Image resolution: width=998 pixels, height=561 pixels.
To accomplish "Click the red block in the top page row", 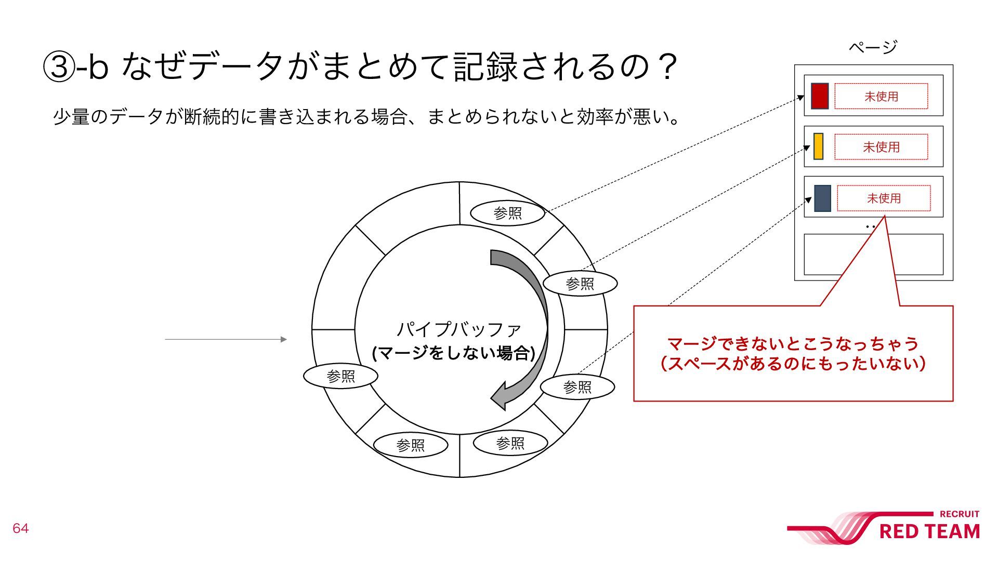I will point(820,96).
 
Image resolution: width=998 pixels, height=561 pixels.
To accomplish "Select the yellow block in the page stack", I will point(818,146).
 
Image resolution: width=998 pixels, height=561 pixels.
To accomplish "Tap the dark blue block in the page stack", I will point(822,198).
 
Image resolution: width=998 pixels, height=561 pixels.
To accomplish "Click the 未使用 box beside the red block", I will point(881,96).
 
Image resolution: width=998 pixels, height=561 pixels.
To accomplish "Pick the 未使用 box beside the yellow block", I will point(881,147).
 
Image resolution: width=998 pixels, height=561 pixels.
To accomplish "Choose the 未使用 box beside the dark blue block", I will point(884,198).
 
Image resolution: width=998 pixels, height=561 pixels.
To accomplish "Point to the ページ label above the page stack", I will point(873,47).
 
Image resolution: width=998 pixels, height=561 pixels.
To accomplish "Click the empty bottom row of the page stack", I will point(873,255).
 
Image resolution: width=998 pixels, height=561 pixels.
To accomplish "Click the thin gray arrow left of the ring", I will point(226,339).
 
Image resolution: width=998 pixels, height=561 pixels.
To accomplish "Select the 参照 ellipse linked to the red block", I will point(507,213).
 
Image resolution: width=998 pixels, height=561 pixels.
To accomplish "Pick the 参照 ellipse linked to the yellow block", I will point(580,284).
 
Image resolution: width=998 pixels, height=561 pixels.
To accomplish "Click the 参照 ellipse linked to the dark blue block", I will point(577,387).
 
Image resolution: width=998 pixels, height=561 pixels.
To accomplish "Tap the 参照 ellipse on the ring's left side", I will point(340,376).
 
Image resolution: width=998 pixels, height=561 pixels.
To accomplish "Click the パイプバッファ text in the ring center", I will point(458,329).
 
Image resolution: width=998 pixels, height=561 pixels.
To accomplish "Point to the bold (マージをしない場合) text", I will point(454,353).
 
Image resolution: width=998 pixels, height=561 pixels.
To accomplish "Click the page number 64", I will point(20,529).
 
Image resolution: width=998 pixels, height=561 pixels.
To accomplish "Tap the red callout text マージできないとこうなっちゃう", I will point(793,343).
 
